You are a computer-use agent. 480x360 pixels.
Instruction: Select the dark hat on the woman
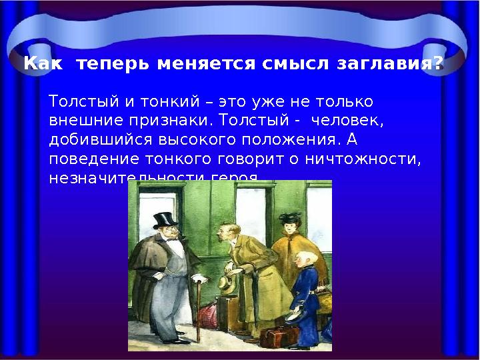click(x=289, y=218)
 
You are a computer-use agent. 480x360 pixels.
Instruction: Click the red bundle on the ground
click(x=211, y=313)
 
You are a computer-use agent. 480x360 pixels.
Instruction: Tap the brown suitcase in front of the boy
click(x=278, y=337)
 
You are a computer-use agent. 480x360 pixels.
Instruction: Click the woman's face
click(x=291, y=230)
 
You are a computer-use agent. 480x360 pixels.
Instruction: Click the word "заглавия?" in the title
click(x=394, y=65)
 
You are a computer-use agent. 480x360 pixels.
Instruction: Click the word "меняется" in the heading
click(x=203, y=65)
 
